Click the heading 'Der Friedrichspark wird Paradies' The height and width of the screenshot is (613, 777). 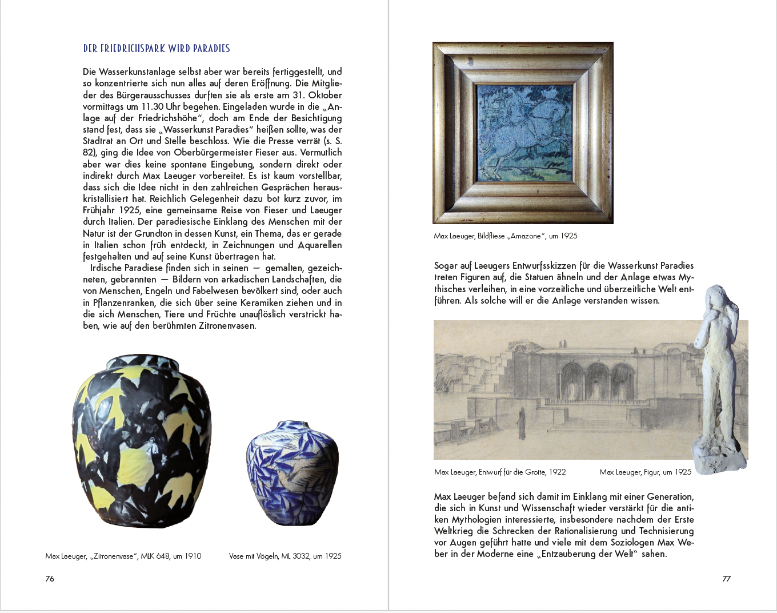pos(157,49)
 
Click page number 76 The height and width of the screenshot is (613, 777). pos(50,579)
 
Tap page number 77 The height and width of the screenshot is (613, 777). pos(726,579)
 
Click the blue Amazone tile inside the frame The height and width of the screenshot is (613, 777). pos(523,132)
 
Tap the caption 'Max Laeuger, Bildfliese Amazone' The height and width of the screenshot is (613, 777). pos(506,236)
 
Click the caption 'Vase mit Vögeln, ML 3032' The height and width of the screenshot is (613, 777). pos(285,556)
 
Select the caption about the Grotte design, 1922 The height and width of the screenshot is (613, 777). pos(500,472)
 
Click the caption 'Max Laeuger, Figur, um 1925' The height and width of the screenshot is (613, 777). pos(645,472)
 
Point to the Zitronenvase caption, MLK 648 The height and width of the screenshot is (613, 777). pos(123,556)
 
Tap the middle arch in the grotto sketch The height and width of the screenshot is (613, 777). pos(597,380)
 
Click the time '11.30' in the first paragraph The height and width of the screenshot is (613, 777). pos(153,106)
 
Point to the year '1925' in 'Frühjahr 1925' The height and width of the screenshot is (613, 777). pos(130,210)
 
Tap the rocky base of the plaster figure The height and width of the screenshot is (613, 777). pos(719,455)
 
